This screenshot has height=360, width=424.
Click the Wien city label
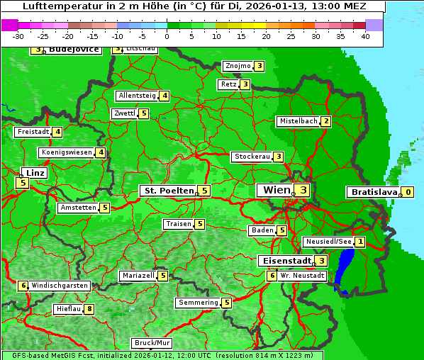276,190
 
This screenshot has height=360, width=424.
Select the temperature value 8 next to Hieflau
89,309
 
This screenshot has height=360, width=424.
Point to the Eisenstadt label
284,261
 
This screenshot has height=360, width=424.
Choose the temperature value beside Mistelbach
325,121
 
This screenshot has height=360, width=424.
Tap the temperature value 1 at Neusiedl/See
360,242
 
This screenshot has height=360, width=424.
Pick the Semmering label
199,303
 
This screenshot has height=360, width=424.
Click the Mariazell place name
138,276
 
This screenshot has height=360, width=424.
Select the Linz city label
33,173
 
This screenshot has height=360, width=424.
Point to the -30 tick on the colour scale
18,36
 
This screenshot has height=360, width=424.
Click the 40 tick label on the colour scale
365,36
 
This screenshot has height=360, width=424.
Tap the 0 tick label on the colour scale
167,36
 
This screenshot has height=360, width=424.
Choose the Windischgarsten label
59,286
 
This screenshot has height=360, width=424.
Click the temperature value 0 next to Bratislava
408,192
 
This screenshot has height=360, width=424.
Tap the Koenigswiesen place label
67,152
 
